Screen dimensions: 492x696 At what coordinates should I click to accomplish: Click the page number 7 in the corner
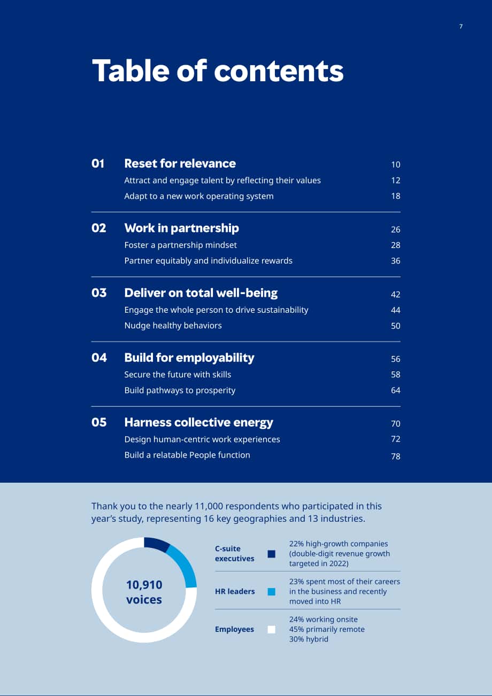pyautogui.click(x=460, y=26)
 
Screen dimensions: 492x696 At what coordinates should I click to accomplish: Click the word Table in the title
pyautogui.click(x=130, y=71)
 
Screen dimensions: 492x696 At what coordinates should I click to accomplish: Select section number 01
pyautogui.click(x=98, y=164)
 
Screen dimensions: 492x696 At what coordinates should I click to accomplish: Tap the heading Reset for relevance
pyautogui.click(x=180, y=164)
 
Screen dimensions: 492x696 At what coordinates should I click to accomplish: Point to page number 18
pyautogui.click(x=395, y=196)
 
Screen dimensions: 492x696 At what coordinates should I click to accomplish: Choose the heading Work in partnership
pyautogui.click(x=181, y=228)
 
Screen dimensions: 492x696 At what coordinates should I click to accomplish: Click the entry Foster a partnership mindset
pyautogui.click(x=180, y=245)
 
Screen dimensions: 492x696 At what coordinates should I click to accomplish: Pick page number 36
pyautogui.click(x=395, y=261)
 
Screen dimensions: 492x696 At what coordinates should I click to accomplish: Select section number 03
pyautogui.click(x=99, y=293)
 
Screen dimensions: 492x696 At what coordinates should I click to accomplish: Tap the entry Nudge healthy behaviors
pyautogui.click(x=173, y=326)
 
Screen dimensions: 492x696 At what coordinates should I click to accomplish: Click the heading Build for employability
pyautogui.click(x=189, y=358)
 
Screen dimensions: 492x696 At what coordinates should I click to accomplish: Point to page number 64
pyautogui.click(x=395, y=390)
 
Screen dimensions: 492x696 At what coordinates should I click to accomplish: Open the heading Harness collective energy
pyautogui.click(x=198, y=422)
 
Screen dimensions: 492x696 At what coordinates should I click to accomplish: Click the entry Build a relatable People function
pyautogui.click(x=187, y=455)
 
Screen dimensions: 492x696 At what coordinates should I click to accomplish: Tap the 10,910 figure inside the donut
pyautogui.click(x=144, y=585)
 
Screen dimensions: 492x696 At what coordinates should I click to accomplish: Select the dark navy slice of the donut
pyautogui.click(x=156, y=544)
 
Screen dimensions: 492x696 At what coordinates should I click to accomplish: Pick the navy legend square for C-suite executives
pyautogui.click(x=271, y=554)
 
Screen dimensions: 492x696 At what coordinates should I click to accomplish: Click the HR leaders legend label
pyautogui.click(x=235, y=592)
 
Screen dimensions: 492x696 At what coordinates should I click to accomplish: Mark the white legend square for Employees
pyautogui.click(x=271, y=629)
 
